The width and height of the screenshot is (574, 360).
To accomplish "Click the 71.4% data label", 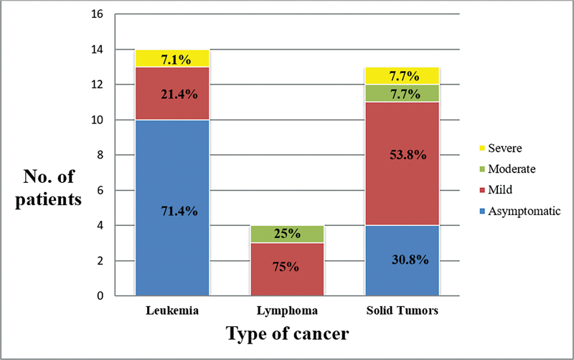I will [x=172, y=211].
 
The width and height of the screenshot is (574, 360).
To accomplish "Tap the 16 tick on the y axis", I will [x=98, y=14].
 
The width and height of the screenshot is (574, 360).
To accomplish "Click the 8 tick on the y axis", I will [x=100, y=155].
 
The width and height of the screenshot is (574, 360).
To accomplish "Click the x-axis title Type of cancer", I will [x=287, y=335].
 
